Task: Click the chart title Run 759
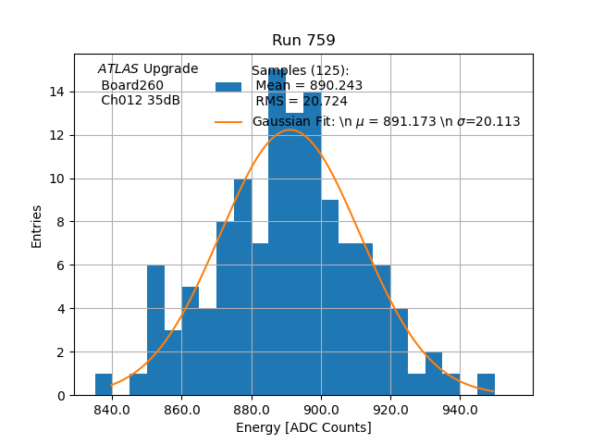coord(303,41)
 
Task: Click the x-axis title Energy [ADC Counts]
coord(303,427)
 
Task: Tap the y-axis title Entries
coord(37,225)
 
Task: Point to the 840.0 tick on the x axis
coord(112,410)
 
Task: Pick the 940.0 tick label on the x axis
coord(460,410)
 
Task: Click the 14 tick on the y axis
coord(57,92)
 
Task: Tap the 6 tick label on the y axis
coord(61,265)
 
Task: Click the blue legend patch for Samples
coord(228,86)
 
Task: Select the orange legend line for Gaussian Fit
coord(228,121)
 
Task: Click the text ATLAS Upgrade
coord(148,69)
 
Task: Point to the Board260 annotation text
coord(132,85)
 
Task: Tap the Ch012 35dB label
coord(141,101)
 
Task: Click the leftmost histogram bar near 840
coord(104,385)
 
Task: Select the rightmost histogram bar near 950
coord(486,385)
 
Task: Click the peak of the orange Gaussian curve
coord(290,130)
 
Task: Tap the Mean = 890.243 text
coord(309,86)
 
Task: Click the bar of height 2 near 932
coord(434,374)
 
